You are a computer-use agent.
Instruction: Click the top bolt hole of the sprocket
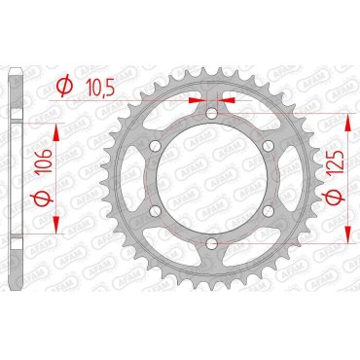[211, 115]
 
